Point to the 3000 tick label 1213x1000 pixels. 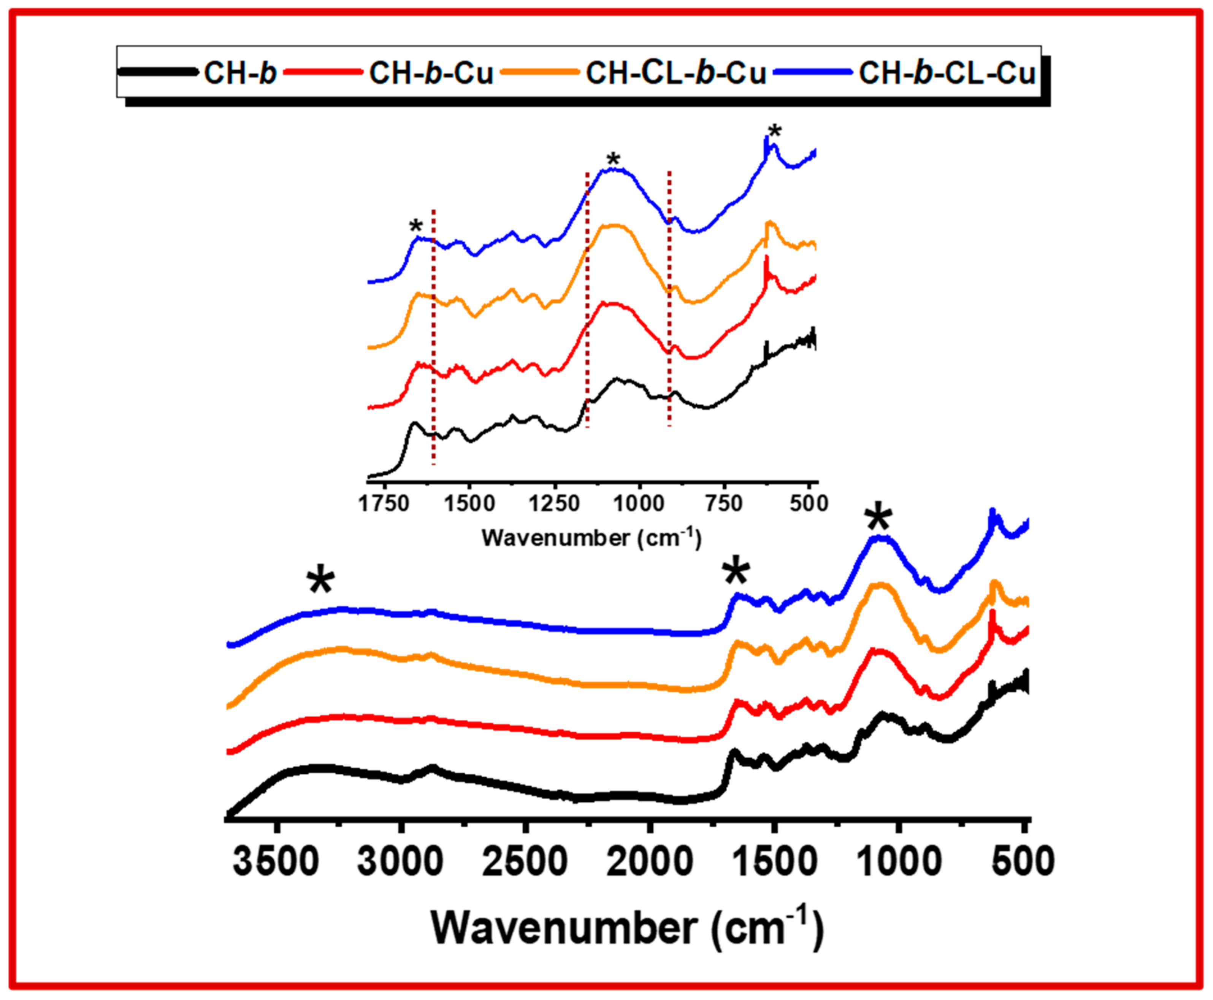(x=400, y=862)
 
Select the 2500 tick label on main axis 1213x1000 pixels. (x=525, y=862)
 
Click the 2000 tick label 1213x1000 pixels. (x=650, y=862)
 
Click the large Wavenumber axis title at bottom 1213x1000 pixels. (x=627, y=927)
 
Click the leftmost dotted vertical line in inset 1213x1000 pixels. (x=433, y=337)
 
